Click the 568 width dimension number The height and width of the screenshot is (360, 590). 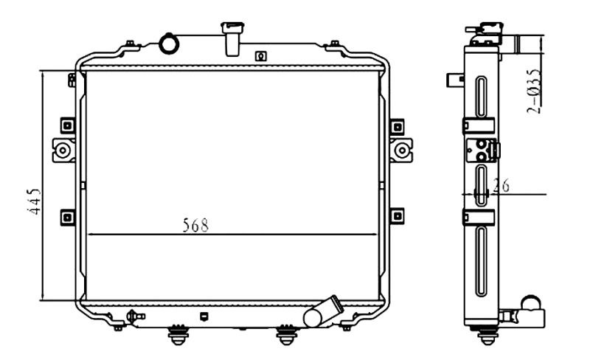[195, 225]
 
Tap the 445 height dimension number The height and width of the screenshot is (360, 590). [34, 201]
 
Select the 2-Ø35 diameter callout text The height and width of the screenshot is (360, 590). [534, 91]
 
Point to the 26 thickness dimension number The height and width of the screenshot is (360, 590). [501, 185]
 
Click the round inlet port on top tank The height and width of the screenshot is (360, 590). [169, 44]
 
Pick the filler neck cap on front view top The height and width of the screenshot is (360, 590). [232, 39]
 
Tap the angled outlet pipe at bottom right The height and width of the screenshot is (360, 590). [323, 312]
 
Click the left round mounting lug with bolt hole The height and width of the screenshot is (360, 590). [63, 150]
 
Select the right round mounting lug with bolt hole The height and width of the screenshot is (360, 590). [401, 150]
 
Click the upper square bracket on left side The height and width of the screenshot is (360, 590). [68, 125]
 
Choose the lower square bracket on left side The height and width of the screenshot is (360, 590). [68, 218]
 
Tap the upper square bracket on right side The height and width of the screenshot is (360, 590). [397, 127]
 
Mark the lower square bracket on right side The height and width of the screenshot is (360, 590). [397, 216]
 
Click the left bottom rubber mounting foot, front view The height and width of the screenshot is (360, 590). [178, 335]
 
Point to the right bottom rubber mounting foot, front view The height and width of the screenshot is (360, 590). [287, 335]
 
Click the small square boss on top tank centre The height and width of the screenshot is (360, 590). [261, 56]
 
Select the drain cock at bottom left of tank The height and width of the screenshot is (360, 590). [135, 316]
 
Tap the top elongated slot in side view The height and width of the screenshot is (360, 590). [482, 97]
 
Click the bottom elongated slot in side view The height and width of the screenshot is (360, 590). [482, 261]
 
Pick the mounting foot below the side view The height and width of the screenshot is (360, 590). [487, 335]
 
